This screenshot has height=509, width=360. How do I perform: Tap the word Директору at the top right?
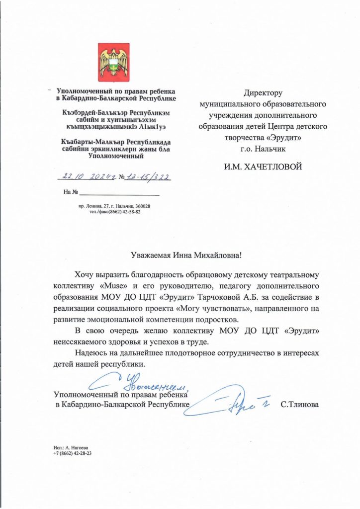pos(263,93)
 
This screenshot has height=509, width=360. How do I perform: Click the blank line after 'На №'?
pos(119,191)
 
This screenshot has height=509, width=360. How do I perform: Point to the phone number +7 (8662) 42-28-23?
pos(72,454)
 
